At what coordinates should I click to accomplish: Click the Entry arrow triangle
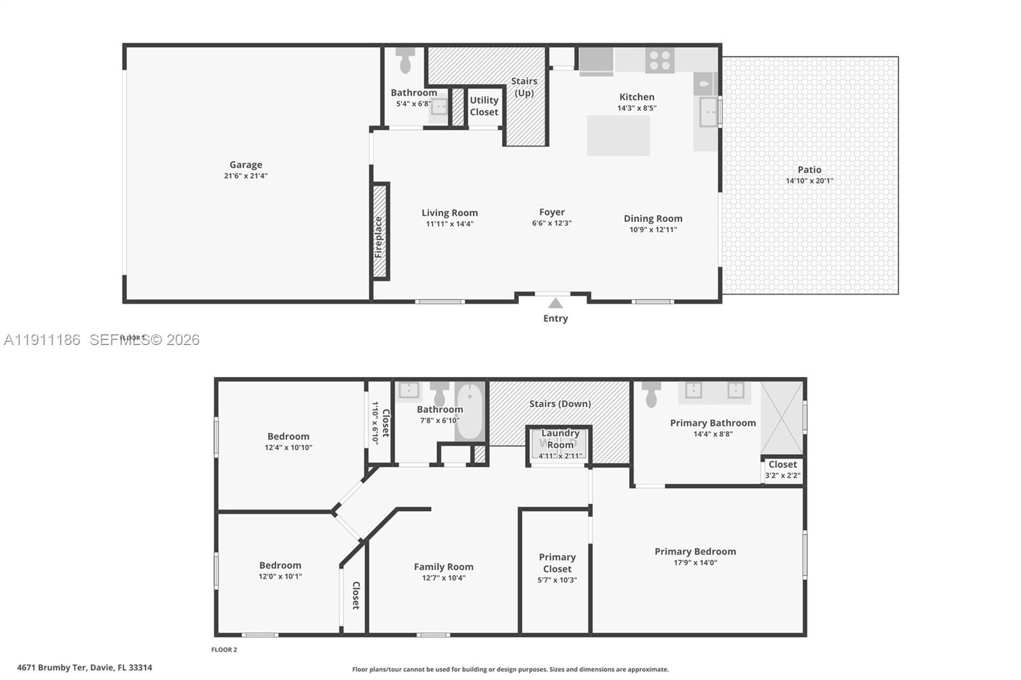point(555,304)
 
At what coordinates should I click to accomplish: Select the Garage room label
point(246,165)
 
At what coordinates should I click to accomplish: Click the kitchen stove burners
point(659,61)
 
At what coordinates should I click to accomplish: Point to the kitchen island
point(618,135)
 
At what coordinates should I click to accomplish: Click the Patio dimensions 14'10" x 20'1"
point(809,181)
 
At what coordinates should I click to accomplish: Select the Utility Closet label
point(484,106)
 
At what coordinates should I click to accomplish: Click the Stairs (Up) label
point(524,87)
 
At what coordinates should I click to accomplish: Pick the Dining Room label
point(653,218)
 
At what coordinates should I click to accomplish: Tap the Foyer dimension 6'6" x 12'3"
point(552,223)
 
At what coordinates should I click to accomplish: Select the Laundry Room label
point(560,439)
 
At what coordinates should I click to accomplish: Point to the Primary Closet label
point(557,563)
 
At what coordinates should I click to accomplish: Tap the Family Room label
point(443,566)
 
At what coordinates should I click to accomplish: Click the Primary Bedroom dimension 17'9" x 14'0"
point(695,563)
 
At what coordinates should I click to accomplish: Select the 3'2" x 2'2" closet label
point(782,475)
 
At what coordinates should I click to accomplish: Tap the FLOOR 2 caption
point(224,650)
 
